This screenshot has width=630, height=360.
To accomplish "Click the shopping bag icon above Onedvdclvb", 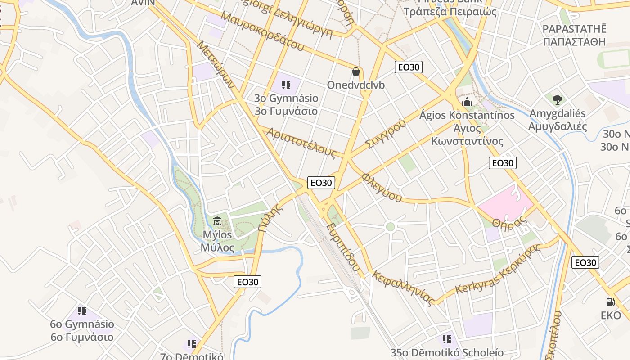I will [356, 72].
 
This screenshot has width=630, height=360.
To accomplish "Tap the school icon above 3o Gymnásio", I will [286, 85].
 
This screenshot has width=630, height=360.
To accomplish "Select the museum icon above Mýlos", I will [217, 221].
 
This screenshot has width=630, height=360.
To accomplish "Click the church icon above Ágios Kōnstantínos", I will [467, 102].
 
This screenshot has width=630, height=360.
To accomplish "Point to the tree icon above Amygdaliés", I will [558, 99].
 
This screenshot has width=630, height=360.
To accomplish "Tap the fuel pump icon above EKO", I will [610, 302].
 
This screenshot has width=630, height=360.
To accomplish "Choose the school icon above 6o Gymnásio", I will [81, 310].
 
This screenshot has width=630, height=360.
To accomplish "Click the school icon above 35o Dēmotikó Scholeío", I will [446, 339].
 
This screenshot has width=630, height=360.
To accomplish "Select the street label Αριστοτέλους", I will [301, 143].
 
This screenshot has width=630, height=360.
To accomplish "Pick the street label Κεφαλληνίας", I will [403, 288].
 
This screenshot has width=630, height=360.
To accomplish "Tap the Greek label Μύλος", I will [217, 247].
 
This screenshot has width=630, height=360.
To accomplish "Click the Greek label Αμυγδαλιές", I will [558, 126].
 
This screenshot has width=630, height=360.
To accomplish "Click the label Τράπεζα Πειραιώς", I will [450, 12].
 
